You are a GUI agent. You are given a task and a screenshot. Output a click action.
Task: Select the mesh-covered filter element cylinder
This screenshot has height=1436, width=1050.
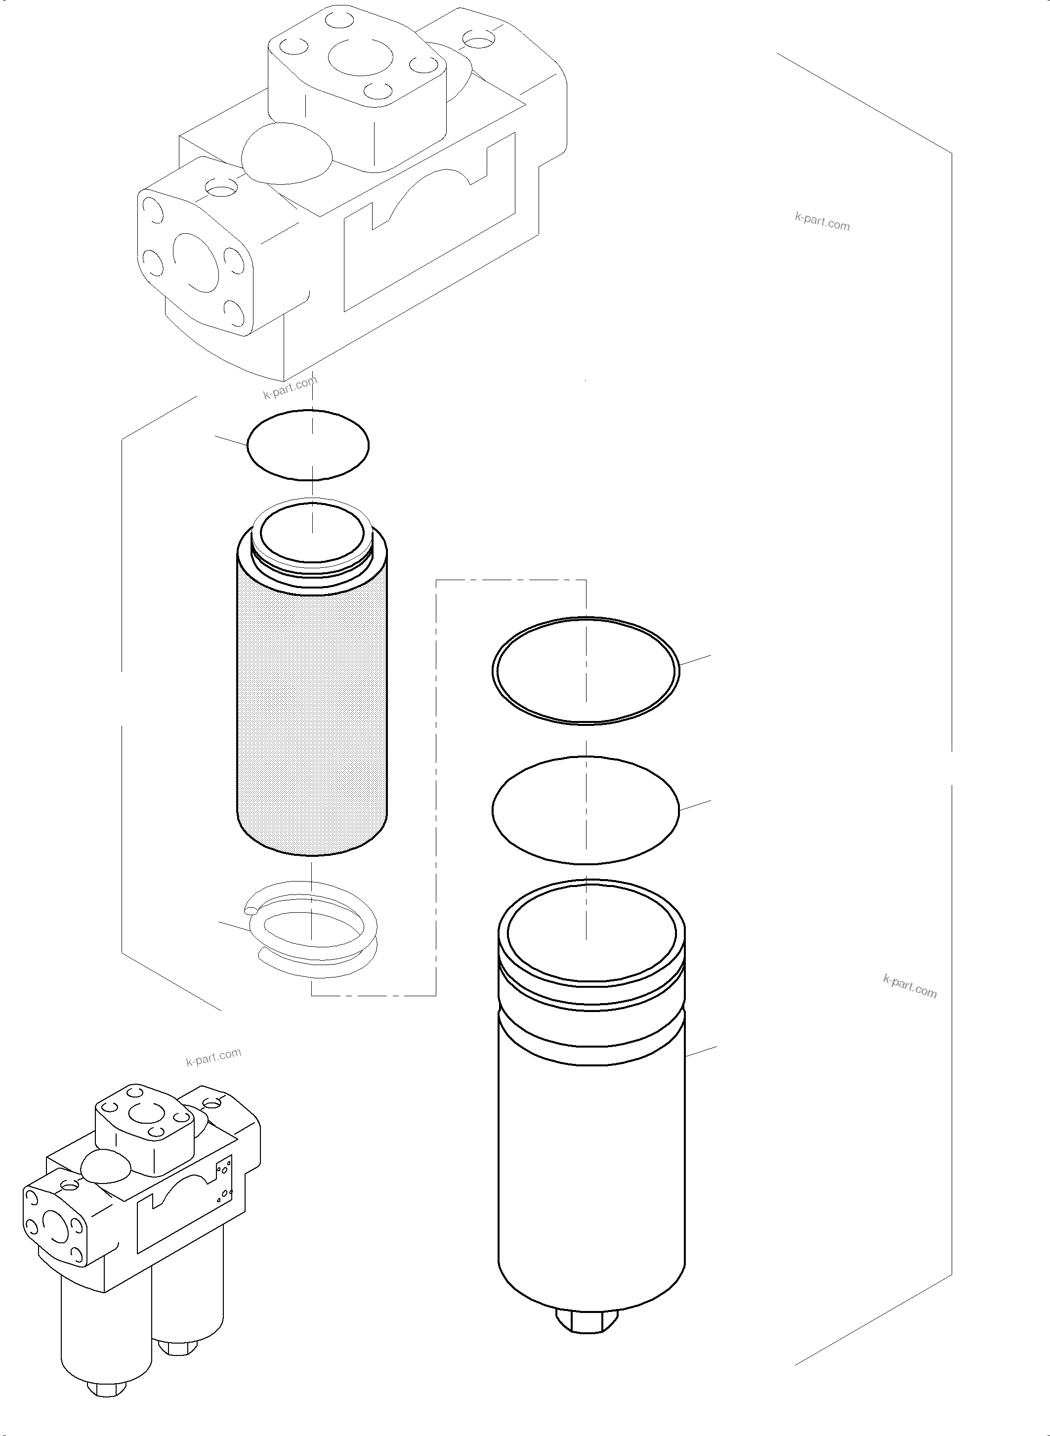pos(311,706)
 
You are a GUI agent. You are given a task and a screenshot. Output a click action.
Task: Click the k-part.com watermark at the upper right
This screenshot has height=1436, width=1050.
pos(822,221)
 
